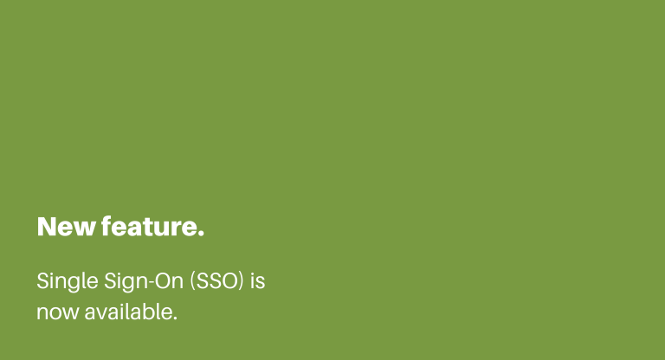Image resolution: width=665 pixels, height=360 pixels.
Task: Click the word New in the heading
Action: click(x=66, y=227)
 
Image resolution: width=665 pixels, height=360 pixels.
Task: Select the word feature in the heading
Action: click(x=149, y=226)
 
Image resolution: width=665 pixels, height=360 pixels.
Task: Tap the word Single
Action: click(x=68, y=282)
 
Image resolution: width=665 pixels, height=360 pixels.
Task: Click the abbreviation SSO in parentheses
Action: click(x=216, y=281)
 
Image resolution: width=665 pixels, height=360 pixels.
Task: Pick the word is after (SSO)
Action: click(x=258, y=280)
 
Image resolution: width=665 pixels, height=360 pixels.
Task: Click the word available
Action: click(x=129, y=312)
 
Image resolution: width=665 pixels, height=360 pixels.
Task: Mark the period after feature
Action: click(x=201, y=233)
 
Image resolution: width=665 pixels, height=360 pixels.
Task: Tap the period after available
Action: click(x=175, y=318)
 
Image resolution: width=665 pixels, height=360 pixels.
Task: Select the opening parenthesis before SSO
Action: click(x=192, y=281)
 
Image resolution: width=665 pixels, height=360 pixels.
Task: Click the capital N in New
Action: click(x=46, y=227)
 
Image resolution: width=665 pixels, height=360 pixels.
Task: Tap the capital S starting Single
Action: click(x=42, y=281)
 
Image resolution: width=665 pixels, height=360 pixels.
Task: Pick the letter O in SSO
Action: click(x=229, y=281)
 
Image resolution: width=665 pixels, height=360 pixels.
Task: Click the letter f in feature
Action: click(x=107, y=226)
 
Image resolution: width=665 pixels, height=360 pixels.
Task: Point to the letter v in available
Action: click(x=104, y=314)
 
